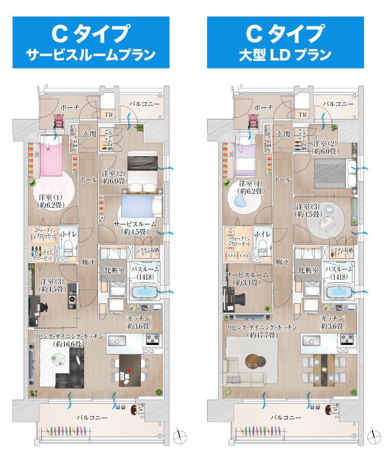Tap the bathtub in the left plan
tap(145, 292)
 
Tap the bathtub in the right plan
tap(339, 292)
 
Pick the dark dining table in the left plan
tap(131, 369)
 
